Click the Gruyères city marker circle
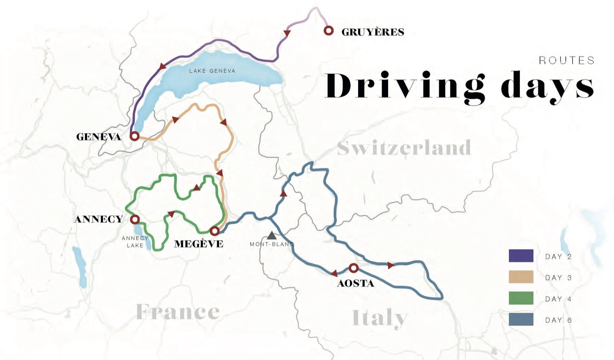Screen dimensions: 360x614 [329, 31]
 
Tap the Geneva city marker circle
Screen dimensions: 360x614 [134, 136]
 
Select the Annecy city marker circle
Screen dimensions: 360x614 [135, 219]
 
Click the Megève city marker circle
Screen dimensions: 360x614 [215, 231]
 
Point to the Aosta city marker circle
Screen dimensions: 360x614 [354, 268]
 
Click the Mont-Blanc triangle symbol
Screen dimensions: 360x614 [271, 235]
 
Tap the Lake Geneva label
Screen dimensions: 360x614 [212, 71]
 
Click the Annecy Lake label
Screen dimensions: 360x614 [135, 242]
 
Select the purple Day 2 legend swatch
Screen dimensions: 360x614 [521, 256]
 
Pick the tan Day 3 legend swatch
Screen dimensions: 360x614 [521, 277]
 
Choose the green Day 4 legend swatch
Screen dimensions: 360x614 [521, 298]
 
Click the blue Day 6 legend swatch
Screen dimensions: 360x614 [521, 319]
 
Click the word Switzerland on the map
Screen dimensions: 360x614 [404, 148]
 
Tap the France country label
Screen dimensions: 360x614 [178, 312]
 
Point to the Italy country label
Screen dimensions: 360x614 [380, 318]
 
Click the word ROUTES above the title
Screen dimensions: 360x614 [567, 61]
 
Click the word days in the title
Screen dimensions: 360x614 [547, 86]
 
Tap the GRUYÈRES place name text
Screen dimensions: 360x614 [373, 32]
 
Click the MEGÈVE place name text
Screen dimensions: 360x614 [199, 244]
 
